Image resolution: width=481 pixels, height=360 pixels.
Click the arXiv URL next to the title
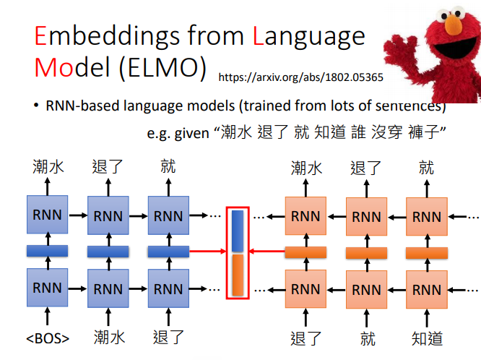pos(301,77)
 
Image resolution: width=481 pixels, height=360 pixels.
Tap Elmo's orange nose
pos(454,25)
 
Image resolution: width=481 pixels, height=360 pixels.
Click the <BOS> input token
pos(48,338)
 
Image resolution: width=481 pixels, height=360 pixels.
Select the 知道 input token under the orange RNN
pos(427,338)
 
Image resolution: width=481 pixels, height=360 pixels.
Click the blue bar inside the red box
pos(238,231)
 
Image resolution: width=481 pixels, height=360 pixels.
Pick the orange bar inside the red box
pos(238,275)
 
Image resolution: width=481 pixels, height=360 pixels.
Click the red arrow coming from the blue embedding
pos(208,252)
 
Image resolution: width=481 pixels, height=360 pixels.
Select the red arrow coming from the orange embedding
pos(267,252)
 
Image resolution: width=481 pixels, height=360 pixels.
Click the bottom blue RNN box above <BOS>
pos(47,288)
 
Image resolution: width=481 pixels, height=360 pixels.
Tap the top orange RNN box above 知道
pos(427,217)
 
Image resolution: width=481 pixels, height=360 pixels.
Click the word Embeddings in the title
pos(107,37)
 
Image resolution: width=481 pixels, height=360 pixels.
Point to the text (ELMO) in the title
pos(162,68)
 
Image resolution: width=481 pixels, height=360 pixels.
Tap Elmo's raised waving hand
pos(398,51)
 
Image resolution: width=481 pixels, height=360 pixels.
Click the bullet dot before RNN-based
pos(37,106)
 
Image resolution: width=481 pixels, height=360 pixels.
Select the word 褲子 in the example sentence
pos(423,132)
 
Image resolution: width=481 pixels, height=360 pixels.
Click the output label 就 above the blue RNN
pos(168,166)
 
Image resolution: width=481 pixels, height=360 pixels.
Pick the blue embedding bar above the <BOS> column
pos(47,251)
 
